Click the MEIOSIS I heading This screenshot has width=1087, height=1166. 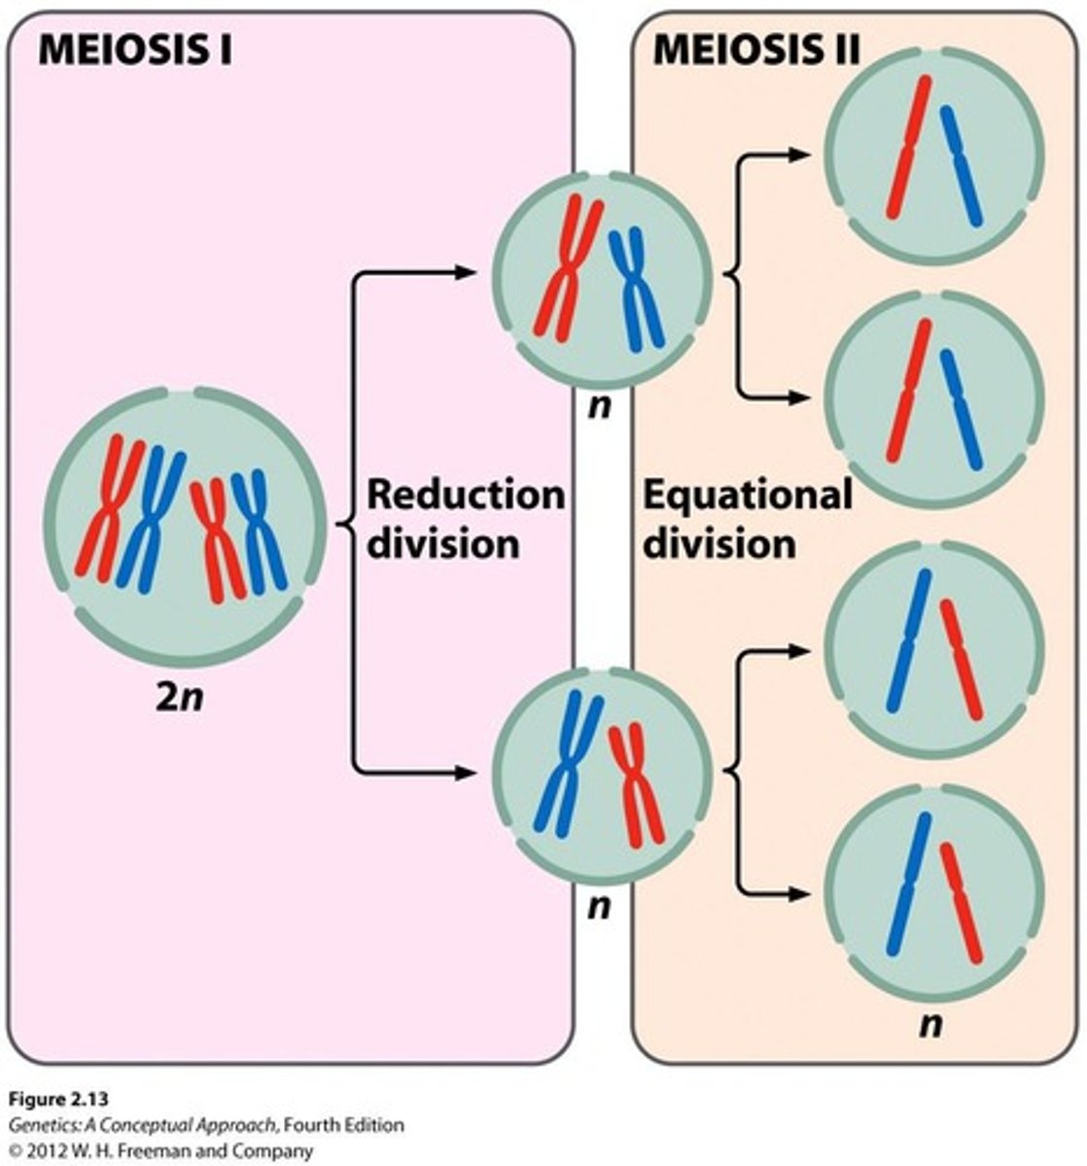tap(134, 50)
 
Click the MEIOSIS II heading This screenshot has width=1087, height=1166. tap(755, 50)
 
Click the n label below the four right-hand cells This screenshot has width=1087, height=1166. tap(930, 1023)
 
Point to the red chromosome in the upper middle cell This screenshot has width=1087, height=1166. tap(568, 267)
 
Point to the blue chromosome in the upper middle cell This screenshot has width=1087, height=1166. tap(636, 287)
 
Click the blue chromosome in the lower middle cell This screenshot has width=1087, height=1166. tap(569, 763)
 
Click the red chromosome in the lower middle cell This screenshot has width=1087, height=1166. tap(637, 782)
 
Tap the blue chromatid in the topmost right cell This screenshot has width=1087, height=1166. tap(962, 165)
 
